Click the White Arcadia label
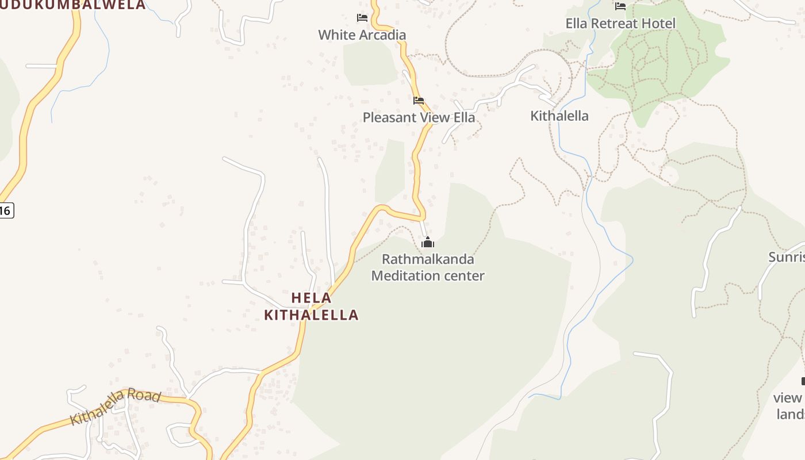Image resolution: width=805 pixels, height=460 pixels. (x=362, y=34)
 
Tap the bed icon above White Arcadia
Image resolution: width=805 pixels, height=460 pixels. (x=362, y=18)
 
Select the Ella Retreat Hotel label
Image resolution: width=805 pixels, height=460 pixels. (x=620, y=24)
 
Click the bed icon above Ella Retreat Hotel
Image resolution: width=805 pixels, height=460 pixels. (x=620, y=6)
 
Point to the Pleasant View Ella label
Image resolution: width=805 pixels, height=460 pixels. (x=419, y=117)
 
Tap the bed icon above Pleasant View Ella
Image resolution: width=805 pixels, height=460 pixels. (x=419, y=101)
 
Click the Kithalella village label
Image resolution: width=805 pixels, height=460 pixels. (x=559, y=116)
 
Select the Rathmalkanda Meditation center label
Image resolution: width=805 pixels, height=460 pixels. (x=428, y=267)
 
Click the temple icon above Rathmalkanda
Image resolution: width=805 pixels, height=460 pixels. (x=427, y=243)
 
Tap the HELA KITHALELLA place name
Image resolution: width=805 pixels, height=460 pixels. (x=311, y=306)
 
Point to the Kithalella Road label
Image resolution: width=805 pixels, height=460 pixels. (x=115, y=407)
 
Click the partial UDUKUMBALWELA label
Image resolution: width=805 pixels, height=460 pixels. (x=73, y=5)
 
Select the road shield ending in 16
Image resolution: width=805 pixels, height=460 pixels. (x=6, y=210)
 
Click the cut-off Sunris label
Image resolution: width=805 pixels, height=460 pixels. (x=787, y=256)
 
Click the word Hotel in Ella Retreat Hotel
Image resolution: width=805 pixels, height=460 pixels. (x=660, y=24)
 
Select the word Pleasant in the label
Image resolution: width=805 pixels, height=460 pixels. (x=389, y=117)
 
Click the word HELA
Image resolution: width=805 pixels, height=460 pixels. (x=311, y=298)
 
